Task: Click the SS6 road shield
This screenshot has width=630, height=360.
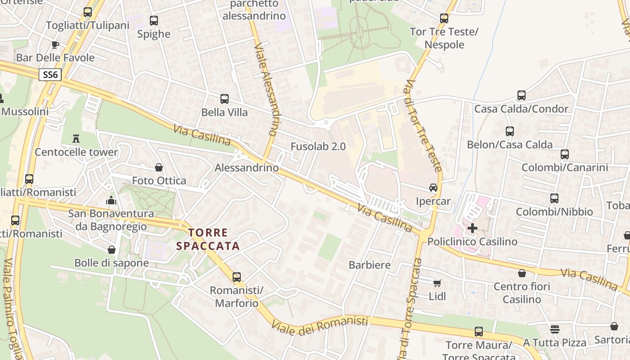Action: pyautogui.click(x=50, y=75)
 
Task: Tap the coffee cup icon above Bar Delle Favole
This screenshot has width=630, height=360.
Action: pyautogui.click(x=55, y=45)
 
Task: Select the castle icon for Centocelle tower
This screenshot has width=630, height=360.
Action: pyautogui.click(x=76, y=138)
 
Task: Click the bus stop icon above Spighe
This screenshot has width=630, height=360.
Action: pyautogui.click(x=154, y=21)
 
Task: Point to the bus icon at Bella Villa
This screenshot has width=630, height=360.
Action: pyautogui.click(x=225, y=99)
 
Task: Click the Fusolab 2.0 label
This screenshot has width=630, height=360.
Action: pyautogui.click(x=318, y=146)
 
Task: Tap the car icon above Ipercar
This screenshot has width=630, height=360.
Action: pyautogui.click(x=433, y=188)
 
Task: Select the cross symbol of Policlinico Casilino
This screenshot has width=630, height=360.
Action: pyautogui.click(x=472, y=228)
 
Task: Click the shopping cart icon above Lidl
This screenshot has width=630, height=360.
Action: pyautogui.click(x=437, y=283)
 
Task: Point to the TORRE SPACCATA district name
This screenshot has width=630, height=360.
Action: pyautogui.click(x=208, y=239)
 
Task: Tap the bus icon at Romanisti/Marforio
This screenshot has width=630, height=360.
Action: pyautogui.click(x=237, y=277)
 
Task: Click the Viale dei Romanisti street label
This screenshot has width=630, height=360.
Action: pyautogui.click(x=319, y=326)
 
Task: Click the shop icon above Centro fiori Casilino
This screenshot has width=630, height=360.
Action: pyautogui.click(x=522, y=273)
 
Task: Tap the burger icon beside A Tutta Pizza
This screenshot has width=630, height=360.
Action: pyautogui.click(x=555, y=329)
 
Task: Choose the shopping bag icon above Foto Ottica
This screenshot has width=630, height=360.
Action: pyautogui.click(x=158, y=167)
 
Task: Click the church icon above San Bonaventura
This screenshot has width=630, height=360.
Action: pyautogui.click(x=111, y=200)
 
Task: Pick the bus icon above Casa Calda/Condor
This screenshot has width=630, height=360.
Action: pyautogui.click(x=521, y=95)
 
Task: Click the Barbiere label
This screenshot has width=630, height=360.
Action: pyautogui.click(x=369, y=265)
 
